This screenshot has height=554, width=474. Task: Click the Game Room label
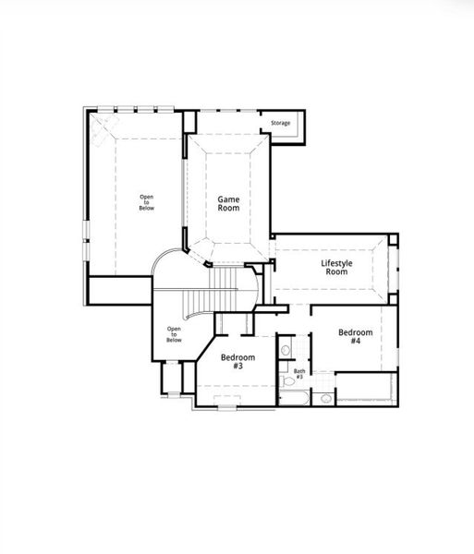tap(228, 203)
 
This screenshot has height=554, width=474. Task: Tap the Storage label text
tap(280, 123)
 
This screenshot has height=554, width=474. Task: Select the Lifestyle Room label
tap(334, 268)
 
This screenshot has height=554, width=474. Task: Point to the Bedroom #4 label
tap(355, 336)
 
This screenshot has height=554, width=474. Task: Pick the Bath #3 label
tap(298, 374)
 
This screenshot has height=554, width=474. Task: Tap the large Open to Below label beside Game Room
tap(147, 202)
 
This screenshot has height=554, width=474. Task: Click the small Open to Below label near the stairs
tap(174, 334)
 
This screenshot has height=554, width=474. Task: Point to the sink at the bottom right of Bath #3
tap(325, 399)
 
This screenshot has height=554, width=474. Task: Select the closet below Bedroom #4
tap(365, 389)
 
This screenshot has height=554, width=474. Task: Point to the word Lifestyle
tap(336, 263)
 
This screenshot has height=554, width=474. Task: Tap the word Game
tap(228, 199)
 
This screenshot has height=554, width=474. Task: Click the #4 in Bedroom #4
tap(355, 341)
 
